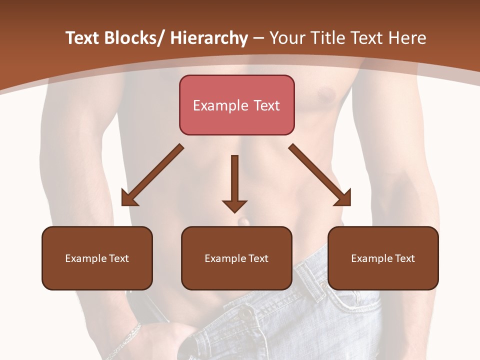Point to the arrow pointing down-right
(320, 175)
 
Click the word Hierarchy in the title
(208, 38)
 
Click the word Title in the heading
(328, 38)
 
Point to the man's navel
(243, 221)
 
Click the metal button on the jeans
(245, 313)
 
